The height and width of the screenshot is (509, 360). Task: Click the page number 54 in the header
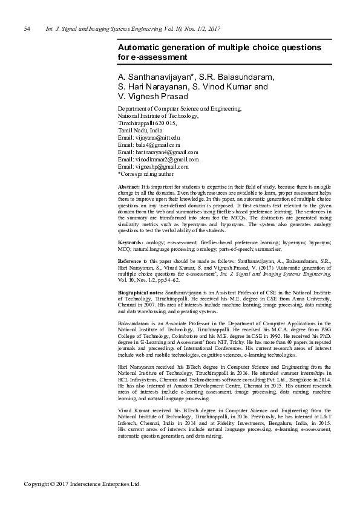(x=27, y=29)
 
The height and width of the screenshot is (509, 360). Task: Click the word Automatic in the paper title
(x=141, y=47)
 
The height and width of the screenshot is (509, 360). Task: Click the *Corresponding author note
(x=146, y=174)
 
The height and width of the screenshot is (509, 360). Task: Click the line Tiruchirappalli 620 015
(x=148, y=123)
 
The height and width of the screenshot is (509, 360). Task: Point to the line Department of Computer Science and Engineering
(x=179, y=109)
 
